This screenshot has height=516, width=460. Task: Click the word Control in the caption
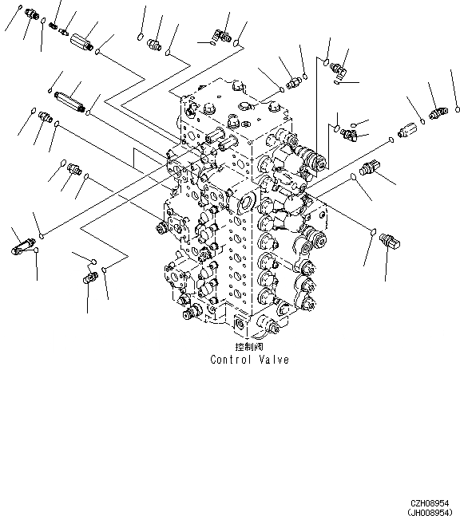[231, 360]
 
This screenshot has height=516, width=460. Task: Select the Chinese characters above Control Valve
[249, 346]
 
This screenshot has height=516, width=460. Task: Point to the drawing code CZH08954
[430, 503]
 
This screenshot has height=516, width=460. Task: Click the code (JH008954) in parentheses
[430, 512]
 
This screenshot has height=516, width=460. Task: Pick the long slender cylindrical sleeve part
[69, 101]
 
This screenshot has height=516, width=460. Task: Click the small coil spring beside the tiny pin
[53, 26]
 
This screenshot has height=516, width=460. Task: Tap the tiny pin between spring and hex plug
[63, 31]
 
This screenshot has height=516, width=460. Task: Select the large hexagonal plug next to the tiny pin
[81, 42]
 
